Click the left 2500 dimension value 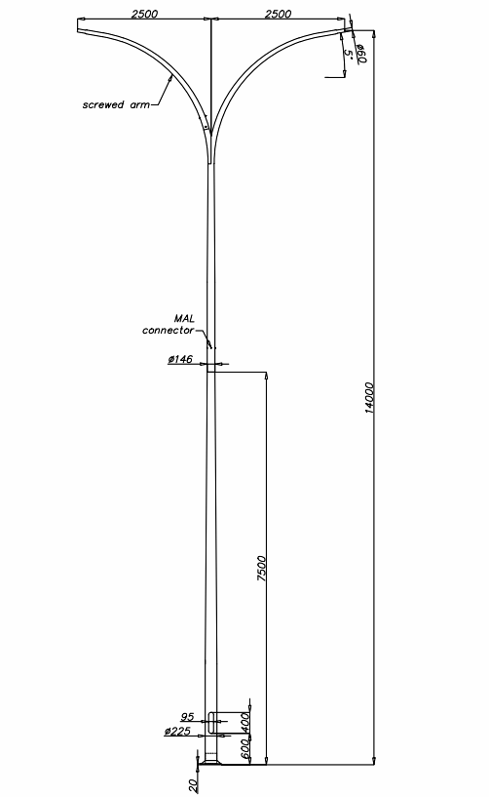[145, 14]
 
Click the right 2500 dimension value [279, 14]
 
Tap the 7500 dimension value [261, 569]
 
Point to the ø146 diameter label [180, 359]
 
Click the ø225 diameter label [177, 732]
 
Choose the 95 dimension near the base [187, 717]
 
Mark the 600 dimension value [244, 749]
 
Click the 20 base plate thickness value [194, 785]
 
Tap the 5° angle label [349, 53]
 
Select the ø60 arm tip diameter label [361, 54]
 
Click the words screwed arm [116, 104]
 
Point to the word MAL [184, 319]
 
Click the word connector [168, 331]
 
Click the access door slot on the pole [210, 722]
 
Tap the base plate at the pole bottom [210, 762]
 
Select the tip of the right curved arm [349, 30]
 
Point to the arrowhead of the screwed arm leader [171, 76]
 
